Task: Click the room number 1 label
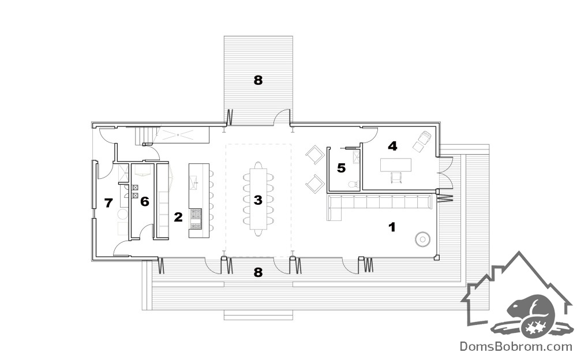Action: tap(392, 227)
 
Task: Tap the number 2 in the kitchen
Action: tap(178, 217)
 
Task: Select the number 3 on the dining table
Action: tap(258, 200)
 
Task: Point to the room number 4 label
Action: tap(392, 146)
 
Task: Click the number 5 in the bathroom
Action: tap(342, 168)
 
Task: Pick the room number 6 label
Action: tap(145, 201)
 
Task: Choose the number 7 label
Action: tap(108, 203)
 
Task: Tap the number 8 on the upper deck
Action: tap(258, 80)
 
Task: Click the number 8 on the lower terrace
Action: tap(258, 272)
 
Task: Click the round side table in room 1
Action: tap(422, 239)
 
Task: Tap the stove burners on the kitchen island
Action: tap(196, 218)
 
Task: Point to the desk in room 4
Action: tap(396, 164)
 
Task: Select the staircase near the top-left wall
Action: tap(144, 135)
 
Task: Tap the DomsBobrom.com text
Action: tap(516, 346)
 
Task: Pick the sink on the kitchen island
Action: tap(193, 182)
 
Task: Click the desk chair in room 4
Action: tap(395, 178)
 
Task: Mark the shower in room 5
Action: tap(356, 157)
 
